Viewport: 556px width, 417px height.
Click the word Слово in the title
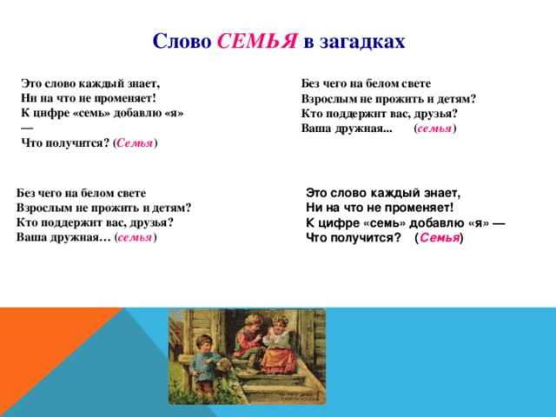tap(182, 41)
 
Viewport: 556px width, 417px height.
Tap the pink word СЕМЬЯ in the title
tap(257, 41)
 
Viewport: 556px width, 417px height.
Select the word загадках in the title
tap(362, 42)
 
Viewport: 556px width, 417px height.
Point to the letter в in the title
tap(308, 43)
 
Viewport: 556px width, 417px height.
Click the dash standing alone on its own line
tap(27, 128)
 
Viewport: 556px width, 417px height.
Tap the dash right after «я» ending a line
tap(498, 223)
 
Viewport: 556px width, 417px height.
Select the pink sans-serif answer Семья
tap(440, 237)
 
